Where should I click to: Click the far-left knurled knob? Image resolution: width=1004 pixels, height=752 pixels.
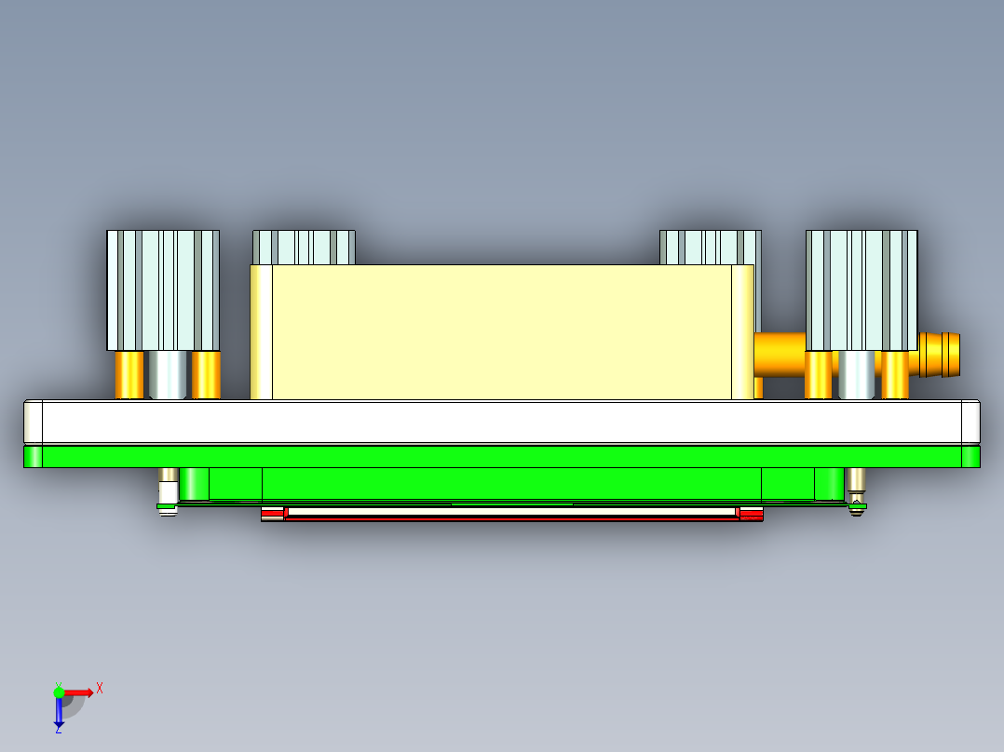pos(163,289)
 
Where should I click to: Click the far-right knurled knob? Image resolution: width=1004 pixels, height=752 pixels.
pos(862,289)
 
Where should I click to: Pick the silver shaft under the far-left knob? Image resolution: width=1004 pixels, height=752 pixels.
pos(168,374)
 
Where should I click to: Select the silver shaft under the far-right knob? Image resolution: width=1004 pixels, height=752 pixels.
pos(856,374)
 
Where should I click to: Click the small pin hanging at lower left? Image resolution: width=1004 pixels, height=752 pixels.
pos(168,490)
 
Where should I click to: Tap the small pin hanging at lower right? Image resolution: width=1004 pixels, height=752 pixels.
pos(856,490)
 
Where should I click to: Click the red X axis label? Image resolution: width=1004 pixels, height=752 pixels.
pos(100,688)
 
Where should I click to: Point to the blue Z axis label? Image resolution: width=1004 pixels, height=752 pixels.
pos(58,729)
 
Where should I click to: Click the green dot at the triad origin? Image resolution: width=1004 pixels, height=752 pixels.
pos(60,692)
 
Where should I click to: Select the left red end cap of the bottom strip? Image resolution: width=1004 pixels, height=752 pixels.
pos(272,513)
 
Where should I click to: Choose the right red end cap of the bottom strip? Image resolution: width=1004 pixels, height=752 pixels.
pos(751,513)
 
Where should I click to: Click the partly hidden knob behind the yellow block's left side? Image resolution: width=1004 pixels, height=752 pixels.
pos(304,248)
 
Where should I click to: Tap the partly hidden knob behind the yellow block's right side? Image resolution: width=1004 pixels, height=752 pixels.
pos(710,248)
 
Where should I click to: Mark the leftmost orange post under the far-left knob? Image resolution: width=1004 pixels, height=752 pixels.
pos(129,374)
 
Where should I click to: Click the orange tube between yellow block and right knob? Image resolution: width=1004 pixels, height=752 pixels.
pos(779,354)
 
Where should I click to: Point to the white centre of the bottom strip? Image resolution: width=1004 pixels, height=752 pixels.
pos(512,512)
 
